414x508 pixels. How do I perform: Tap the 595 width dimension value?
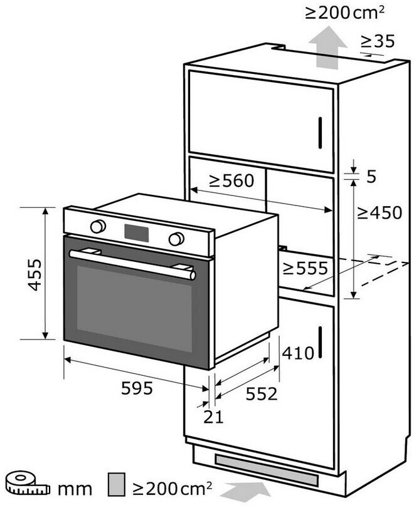[136, 388]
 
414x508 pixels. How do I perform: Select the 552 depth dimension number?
[260, 393]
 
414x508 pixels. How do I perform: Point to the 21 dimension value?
[214, 417]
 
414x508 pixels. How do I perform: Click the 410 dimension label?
[297, 353]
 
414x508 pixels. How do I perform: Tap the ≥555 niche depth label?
[305, 268]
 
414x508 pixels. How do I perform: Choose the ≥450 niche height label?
[379, 213]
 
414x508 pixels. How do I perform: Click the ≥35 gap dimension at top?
[378, 41]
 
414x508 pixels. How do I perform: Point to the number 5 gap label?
[371, 177]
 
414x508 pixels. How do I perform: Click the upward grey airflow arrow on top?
[329, 49]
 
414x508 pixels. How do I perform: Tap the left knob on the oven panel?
[98, 225]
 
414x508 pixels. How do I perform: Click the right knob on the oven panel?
[176, 239]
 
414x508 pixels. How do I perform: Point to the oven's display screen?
[137, 232]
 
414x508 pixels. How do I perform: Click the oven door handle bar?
[132, 264]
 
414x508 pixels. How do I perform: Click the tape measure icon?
[24, 485]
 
